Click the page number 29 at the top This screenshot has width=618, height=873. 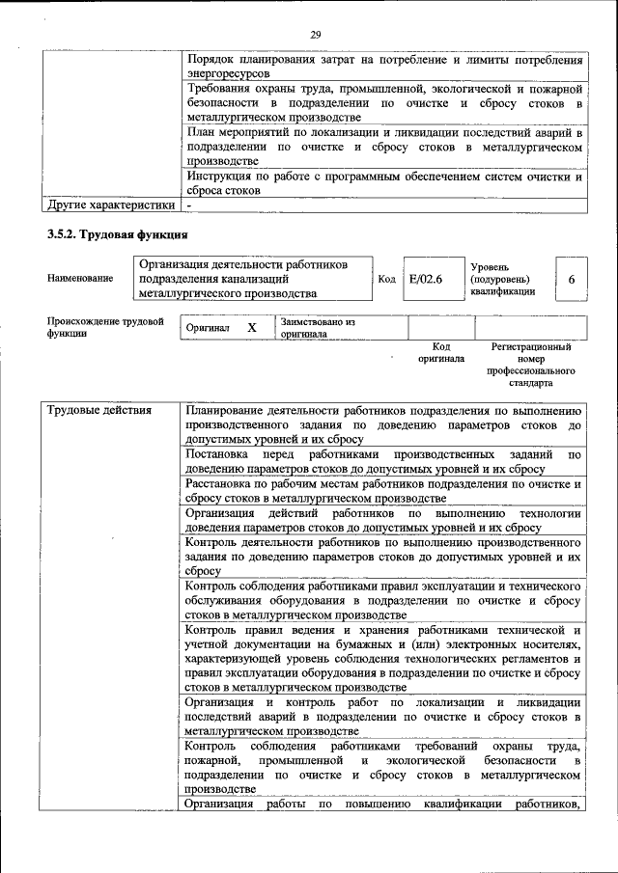[315, 36]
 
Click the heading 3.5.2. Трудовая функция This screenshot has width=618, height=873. [117, 234]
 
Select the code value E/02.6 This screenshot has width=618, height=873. [425, 279]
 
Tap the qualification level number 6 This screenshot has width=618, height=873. [572, 279]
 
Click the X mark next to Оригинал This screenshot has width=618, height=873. [252, 328]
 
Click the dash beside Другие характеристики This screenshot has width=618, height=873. [189, 205]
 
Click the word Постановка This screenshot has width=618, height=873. [218, 453]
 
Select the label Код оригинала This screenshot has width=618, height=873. [440, 352]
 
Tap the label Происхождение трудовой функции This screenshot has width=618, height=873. [104, 328]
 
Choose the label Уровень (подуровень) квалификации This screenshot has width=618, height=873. [503, 279]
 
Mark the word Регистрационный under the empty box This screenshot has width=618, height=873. [530, 346]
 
